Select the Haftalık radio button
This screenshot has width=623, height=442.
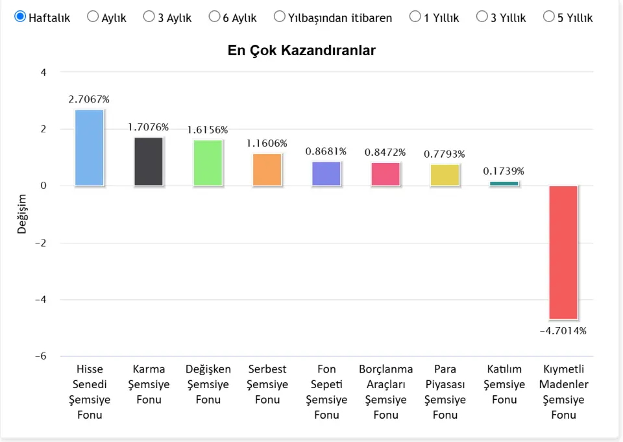(20, 17)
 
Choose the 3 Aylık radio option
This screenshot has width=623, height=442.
(149, 17)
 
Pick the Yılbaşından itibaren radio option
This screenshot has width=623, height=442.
(280, 17)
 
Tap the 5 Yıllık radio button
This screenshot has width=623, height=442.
(548, 17)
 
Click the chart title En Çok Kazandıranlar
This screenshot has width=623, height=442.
(301, 51)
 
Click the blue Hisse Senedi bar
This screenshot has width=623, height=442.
(90, 147)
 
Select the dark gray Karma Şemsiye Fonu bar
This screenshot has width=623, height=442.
(149, 162)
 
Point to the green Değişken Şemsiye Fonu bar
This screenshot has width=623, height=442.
(208, 163)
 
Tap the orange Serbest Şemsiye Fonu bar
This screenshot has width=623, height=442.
(267, 169)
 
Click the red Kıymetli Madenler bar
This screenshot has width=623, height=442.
(563, 252)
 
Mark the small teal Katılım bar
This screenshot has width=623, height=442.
(504, 184)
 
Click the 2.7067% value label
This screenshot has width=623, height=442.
(89, 99)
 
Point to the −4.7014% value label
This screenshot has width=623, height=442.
(563, 331)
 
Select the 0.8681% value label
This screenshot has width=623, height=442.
(326, 151)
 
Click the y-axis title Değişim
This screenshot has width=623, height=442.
(22, 214)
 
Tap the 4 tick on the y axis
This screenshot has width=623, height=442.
(43, 72)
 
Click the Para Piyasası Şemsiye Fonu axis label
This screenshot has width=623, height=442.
(445, 391)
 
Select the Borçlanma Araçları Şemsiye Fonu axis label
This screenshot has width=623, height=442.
(385, 391)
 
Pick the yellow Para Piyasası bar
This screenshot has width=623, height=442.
(445, 175)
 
